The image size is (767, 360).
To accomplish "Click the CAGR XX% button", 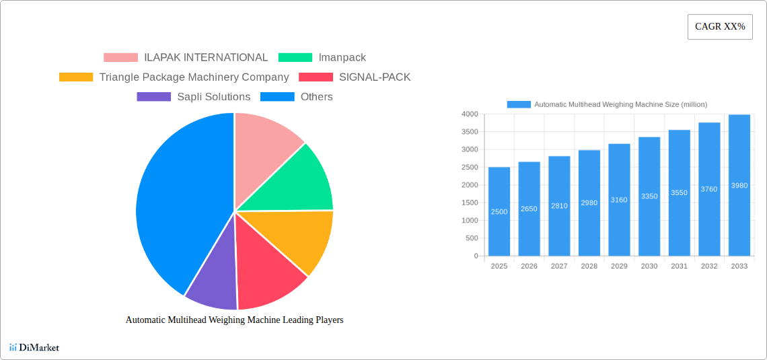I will coord(719,27).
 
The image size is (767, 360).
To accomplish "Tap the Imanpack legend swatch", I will coord(295,58).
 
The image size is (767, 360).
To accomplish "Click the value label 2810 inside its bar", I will coord(559,206).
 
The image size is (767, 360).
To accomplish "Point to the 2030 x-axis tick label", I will coord(649,266).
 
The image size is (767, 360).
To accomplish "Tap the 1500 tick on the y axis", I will coord(470,203).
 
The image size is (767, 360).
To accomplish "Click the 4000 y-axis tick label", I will coord(470,114).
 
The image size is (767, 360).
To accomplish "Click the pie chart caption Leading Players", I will coord(234,320).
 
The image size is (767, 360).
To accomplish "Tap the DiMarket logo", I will coord(34,347).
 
